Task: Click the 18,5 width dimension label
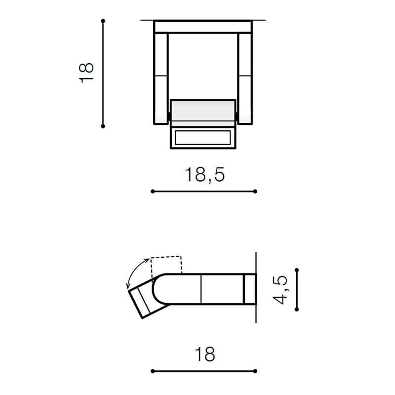[204, 174]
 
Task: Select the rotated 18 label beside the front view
[86, 73]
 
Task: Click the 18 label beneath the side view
[204, 354]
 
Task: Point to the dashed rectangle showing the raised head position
[167, 265]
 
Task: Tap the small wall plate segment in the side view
[250, 288]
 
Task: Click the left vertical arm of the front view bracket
[161, 78]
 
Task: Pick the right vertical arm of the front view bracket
[245, 78]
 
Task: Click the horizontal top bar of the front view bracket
[203, 27]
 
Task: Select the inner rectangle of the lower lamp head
[203, 138]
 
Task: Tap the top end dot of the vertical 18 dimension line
[103, 21]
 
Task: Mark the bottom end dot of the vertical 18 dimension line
[103, 126]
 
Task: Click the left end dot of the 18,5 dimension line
[152, 191]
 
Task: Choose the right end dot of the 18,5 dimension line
[255, 191]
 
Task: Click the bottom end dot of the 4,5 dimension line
[296, 310]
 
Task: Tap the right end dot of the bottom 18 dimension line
[255, 371]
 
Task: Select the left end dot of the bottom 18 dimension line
[152, 371]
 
